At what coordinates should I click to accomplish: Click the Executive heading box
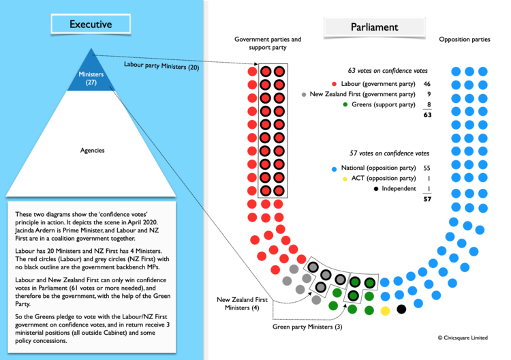pyautogui.click(x=91, y=25)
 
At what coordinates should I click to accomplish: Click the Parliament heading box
pyautogui.click(x=374, y=27)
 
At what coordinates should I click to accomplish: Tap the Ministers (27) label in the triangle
pyautogui.click(x=91, y=78)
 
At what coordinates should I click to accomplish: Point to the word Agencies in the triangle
pyautogui.click(x=91, y=149)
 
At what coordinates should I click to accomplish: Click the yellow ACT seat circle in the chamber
pyautogui.click(x=385, y=311)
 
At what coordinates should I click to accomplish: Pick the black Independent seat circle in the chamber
pyautogui.click(x=401, y=310)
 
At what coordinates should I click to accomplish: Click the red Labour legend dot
pyautogui.click(x=334, y=84)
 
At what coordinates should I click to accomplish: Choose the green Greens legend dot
pyautogui.click(x=345, y=105)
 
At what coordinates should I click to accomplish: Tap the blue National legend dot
pyautogui.click(x=333, y=168)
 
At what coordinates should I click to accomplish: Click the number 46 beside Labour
pyautogui.click(x=427, y=84)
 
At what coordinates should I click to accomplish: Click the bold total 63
pyautogui.click(x=427, y=116)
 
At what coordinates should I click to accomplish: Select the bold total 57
pyautogui.click(x=427, y=199)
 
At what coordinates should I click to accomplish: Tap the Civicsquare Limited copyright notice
pyautogui.click(x=463, y=337)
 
